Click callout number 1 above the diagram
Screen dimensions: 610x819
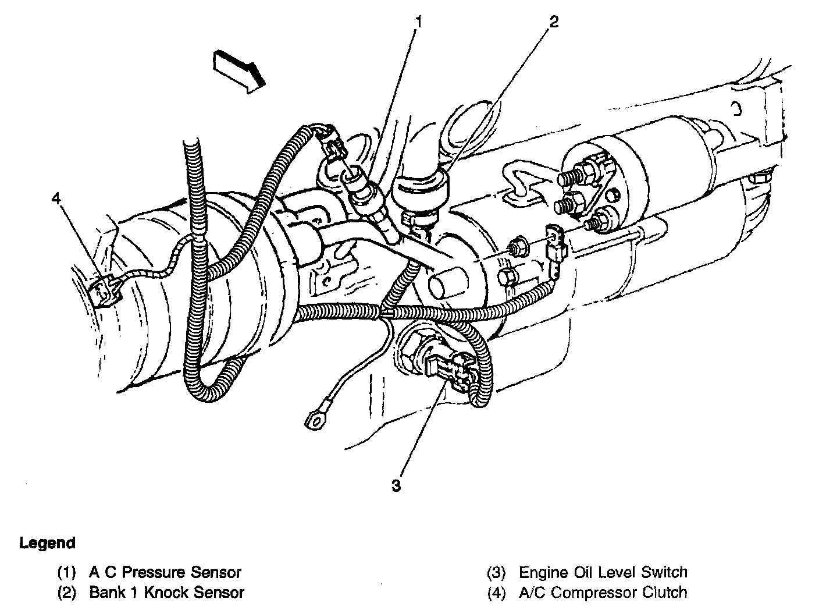(418, 23)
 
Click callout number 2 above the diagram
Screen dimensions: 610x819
(553, 22)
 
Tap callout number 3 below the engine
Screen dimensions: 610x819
(396, 485)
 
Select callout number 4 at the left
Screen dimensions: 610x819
(56, 199)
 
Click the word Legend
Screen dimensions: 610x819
(48, 543)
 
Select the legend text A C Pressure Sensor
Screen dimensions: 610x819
(165, 572)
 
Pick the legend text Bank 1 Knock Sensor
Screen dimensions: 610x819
(166, 593)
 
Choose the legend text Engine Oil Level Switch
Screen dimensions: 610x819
(603, 572)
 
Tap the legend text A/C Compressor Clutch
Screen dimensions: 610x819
(603, 593)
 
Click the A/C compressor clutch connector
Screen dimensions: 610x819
(106, 289)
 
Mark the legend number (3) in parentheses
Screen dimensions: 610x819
(496, 572)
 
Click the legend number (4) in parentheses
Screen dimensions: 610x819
(496, 593)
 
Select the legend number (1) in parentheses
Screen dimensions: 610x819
(66, 572)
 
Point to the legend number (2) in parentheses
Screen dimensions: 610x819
(66, 593)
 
